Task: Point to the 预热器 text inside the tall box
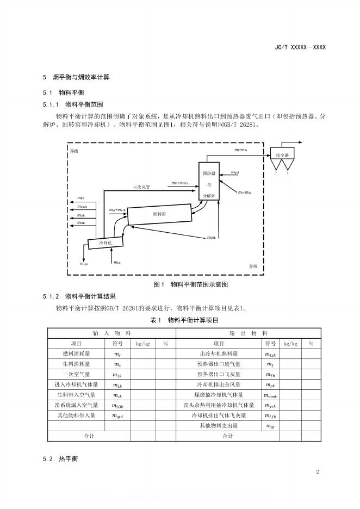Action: point(209,174)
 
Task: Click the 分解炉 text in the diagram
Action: point(209,195)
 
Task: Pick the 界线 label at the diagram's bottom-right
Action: point(253,266)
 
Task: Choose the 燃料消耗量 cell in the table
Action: point(77,354)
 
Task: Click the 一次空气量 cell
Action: point(77,374)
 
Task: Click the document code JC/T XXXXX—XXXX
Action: point(300,48)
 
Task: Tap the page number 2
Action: point(316,471)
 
